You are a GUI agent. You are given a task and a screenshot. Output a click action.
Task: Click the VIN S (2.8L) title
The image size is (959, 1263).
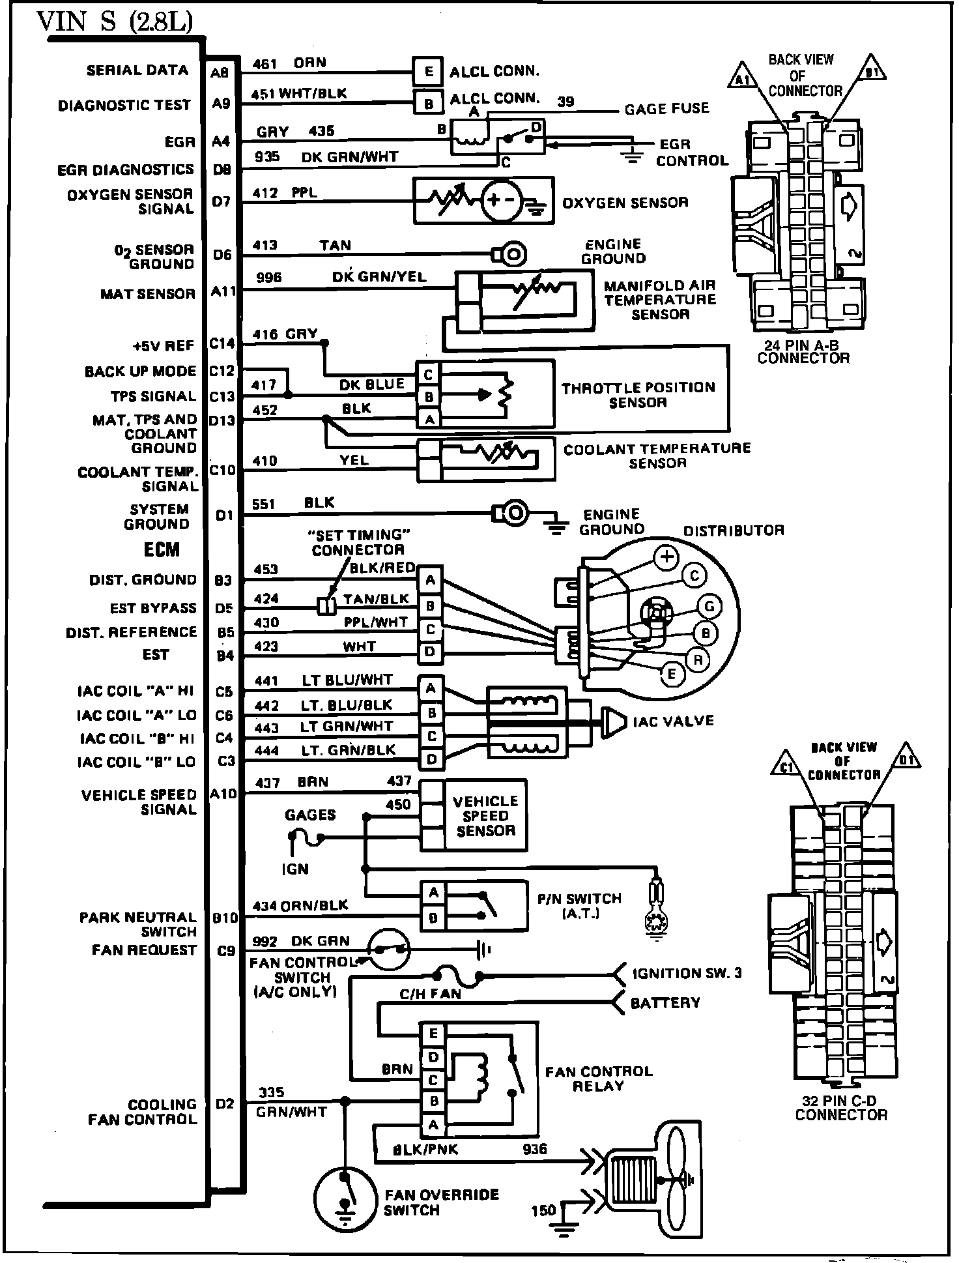coord(115,22)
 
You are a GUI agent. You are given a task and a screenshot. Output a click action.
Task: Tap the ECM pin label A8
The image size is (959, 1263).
coord(220,73)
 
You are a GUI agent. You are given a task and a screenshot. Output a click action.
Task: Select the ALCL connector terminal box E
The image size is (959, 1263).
coord(428,71)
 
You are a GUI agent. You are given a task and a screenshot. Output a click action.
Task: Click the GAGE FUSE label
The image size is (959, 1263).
coord(666,108)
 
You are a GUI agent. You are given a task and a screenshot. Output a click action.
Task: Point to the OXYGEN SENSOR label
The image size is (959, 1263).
coord(625,203)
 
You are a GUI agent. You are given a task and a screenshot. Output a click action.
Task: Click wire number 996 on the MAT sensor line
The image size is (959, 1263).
coord(269,278)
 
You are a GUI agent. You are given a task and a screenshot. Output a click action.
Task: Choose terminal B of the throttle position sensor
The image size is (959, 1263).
coord(429,396)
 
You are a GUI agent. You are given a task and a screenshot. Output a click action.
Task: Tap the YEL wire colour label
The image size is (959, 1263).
coord(354,460)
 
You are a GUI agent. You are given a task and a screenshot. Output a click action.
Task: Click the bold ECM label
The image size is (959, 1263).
coord(162,550)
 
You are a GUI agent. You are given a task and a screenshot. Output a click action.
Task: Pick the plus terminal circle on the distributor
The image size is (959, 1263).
coord(666,557)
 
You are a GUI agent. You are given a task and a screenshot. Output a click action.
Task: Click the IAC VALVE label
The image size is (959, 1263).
coord(674,721)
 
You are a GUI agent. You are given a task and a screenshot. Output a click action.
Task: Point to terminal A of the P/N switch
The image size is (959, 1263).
coord(433,893)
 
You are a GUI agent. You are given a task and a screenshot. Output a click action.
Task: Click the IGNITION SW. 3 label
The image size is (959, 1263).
coord(687,974)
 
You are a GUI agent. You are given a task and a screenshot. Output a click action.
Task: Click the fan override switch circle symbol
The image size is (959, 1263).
coord(346,1197)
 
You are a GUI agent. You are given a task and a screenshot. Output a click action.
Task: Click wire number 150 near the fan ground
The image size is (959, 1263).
coord(543,1211)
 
